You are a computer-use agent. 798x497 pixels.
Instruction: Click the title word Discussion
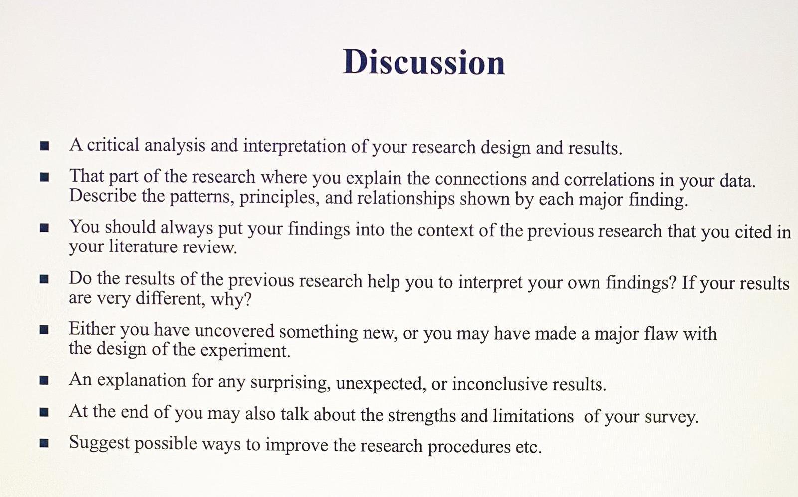tap(424, 63)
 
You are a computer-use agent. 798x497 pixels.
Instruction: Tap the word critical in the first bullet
tap(113, 145)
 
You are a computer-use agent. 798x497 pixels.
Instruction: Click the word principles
tap(278, 198)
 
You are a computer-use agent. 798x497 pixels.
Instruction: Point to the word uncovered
tap(234, 331)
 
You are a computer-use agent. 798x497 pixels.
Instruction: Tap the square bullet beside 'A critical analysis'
tap(45, 146)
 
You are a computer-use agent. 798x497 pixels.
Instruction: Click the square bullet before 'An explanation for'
tap(44, 381)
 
